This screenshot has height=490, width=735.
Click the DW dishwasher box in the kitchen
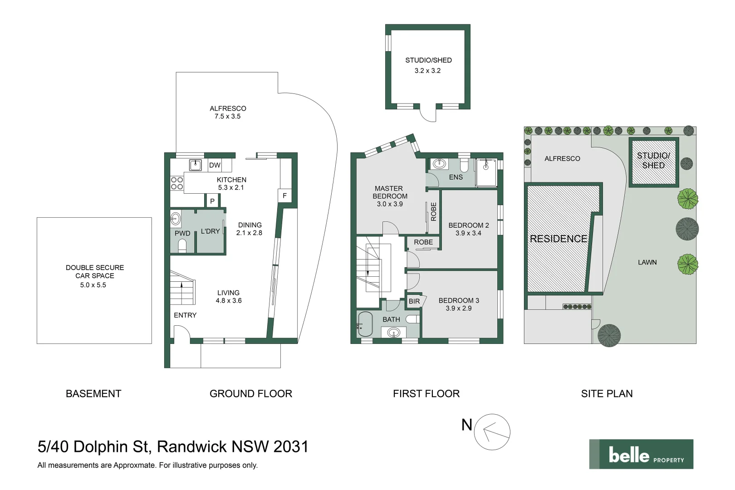(215, 165)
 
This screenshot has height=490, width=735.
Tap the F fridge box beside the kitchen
(284, 196)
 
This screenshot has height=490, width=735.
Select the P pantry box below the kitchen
(212, 201)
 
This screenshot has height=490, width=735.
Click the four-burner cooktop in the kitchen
(177, 183)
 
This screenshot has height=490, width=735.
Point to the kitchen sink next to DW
(196, 165)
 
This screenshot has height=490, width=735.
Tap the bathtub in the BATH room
(365, 324)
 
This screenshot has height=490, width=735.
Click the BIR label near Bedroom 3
(414, 301)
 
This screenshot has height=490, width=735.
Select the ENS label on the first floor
(456, 177)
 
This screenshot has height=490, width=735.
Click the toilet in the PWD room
(182, 246)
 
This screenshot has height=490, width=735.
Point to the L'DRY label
(211, 231)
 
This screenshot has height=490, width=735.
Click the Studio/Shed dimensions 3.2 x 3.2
(427, 71)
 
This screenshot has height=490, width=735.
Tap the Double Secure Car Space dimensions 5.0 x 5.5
(93, 285)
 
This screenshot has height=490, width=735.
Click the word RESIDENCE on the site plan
(559, 239)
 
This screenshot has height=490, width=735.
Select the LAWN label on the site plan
(647, 262)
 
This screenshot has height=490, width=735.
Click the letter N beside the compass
(466, 425)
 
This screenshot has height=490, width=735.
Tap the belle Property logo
(641, 454)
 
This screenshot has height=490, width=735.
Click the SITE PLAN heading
(607, 393)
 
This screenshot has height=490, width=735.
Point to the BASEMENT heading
(93, 393)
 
